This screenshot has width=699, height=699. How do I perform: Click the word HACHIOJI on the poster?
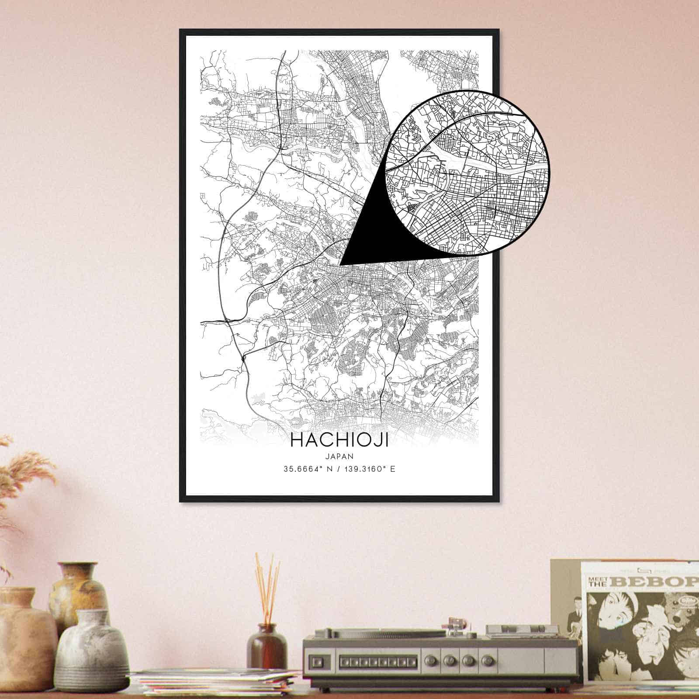click(339, 440)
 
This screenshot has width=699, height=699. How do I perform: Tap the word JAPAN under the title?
click(339, 455)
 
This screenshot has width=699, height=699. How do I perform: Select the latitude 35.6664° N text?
click(308, 469)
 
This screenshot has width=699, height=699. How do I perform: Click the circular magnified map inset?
click(467, 172)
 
